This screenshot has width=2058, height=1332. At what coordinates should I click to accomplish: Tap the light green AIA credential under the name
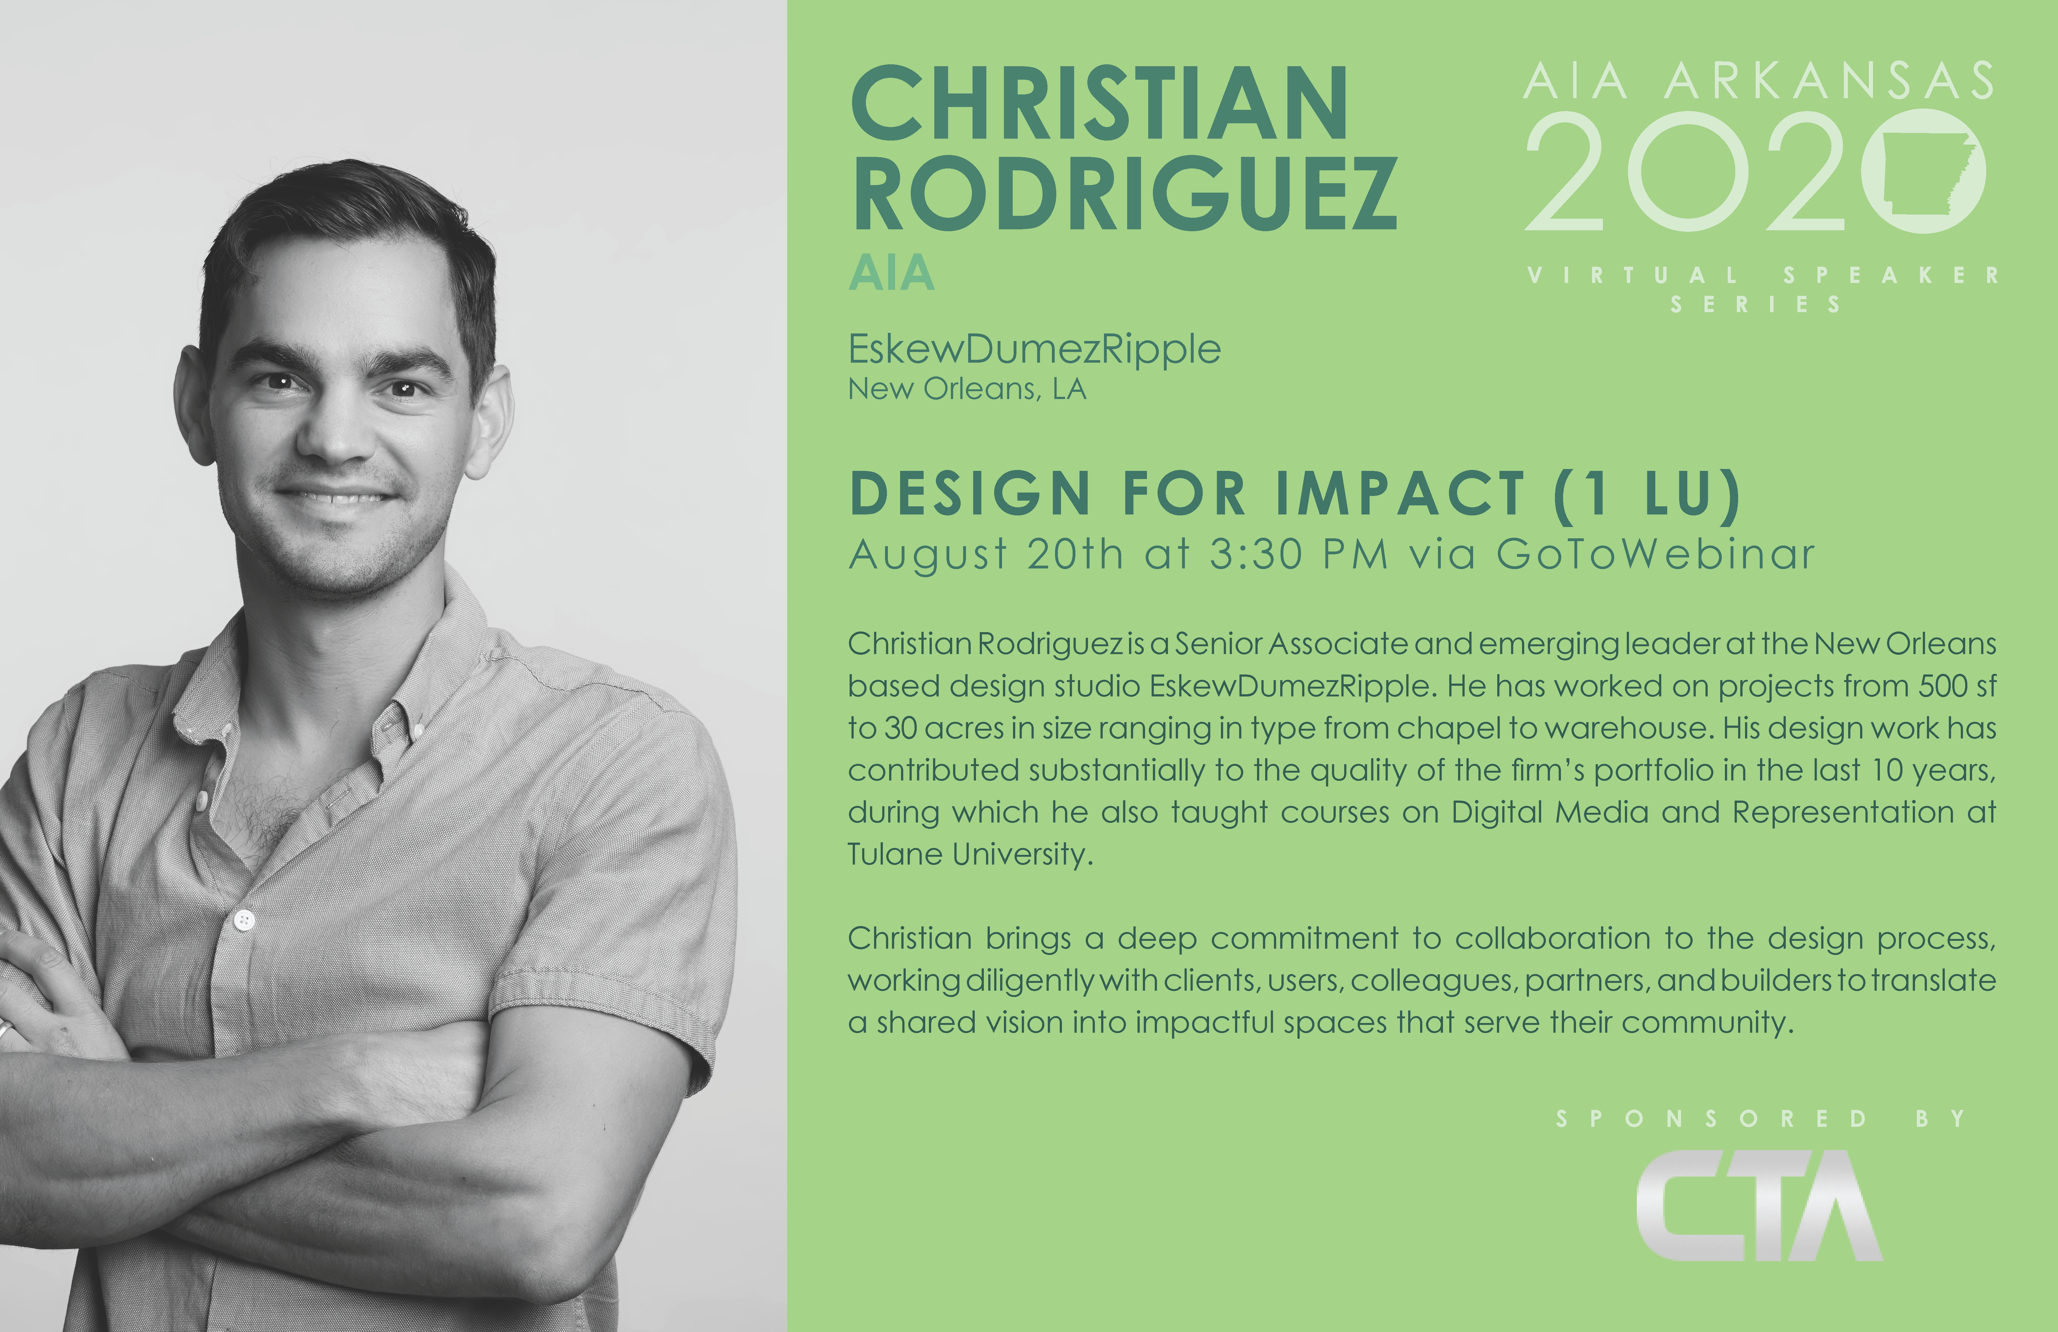[892, 273]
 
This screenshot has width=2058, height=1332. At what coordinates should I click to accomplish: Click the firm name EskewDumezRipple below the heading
[1034, 349]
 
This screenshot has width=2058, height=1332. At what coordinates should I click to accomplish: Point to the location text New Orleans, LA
[967, 389]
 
